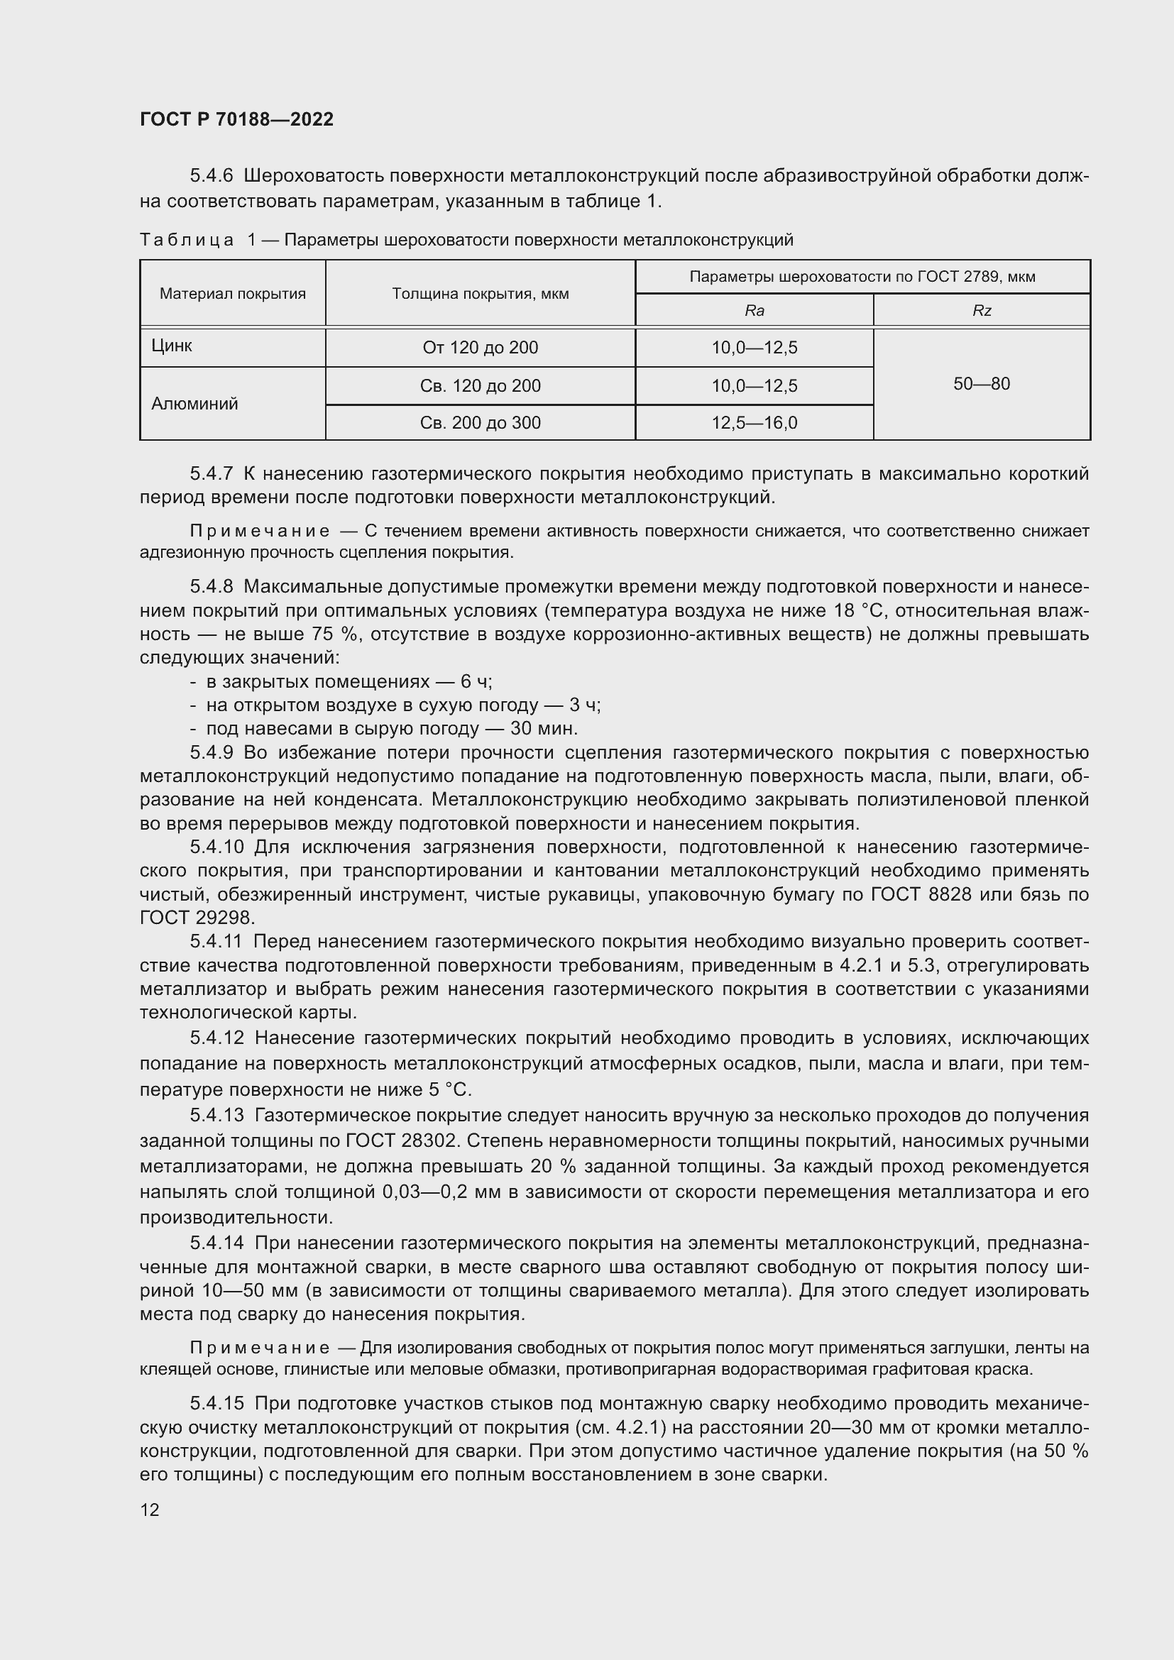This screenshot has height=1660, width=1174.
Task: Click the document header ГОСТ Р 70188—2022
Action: (236, 119)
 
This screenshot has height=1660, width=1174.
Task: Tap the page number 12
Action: (150, 1510)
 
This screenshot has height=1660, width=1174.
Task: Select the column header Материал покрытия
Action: (232, 294)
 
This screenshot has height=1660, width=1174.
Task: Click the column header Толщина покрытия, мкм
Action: (480, 294)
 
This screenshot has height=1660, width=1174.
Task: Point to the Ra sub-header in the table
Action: (754, 311)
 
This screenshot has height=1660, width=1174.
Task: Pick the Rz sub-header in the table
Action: (981, 311)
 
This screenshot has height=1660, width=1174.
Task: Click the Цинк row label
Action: (172, 346)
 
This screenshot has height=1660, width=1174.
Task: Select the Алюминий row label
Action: (194, 403)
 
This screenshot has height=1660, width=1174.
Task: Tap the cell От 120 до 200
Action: (480, 348)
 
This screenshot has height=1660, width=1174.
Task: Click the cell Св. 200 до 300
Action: (480, 423)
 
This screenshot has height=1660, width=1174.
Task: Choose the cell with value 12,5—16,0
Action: (754, 423)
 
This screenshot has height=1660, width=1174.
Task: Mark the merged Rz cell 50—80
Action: (981, 384)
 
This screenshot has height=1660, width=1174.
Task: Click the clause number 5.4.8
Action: (211, 587)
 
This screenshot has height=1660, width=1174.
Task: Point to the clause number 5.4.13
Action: (217, 1116)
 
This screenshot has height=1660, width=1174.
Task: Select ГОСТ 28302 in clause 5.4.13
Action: (401, 1141)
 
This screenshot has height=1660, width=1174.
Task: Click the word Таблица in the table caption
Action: (187, 240)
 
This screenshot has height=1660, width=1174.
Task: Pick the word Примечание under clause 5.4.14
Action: (260, 1348)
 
